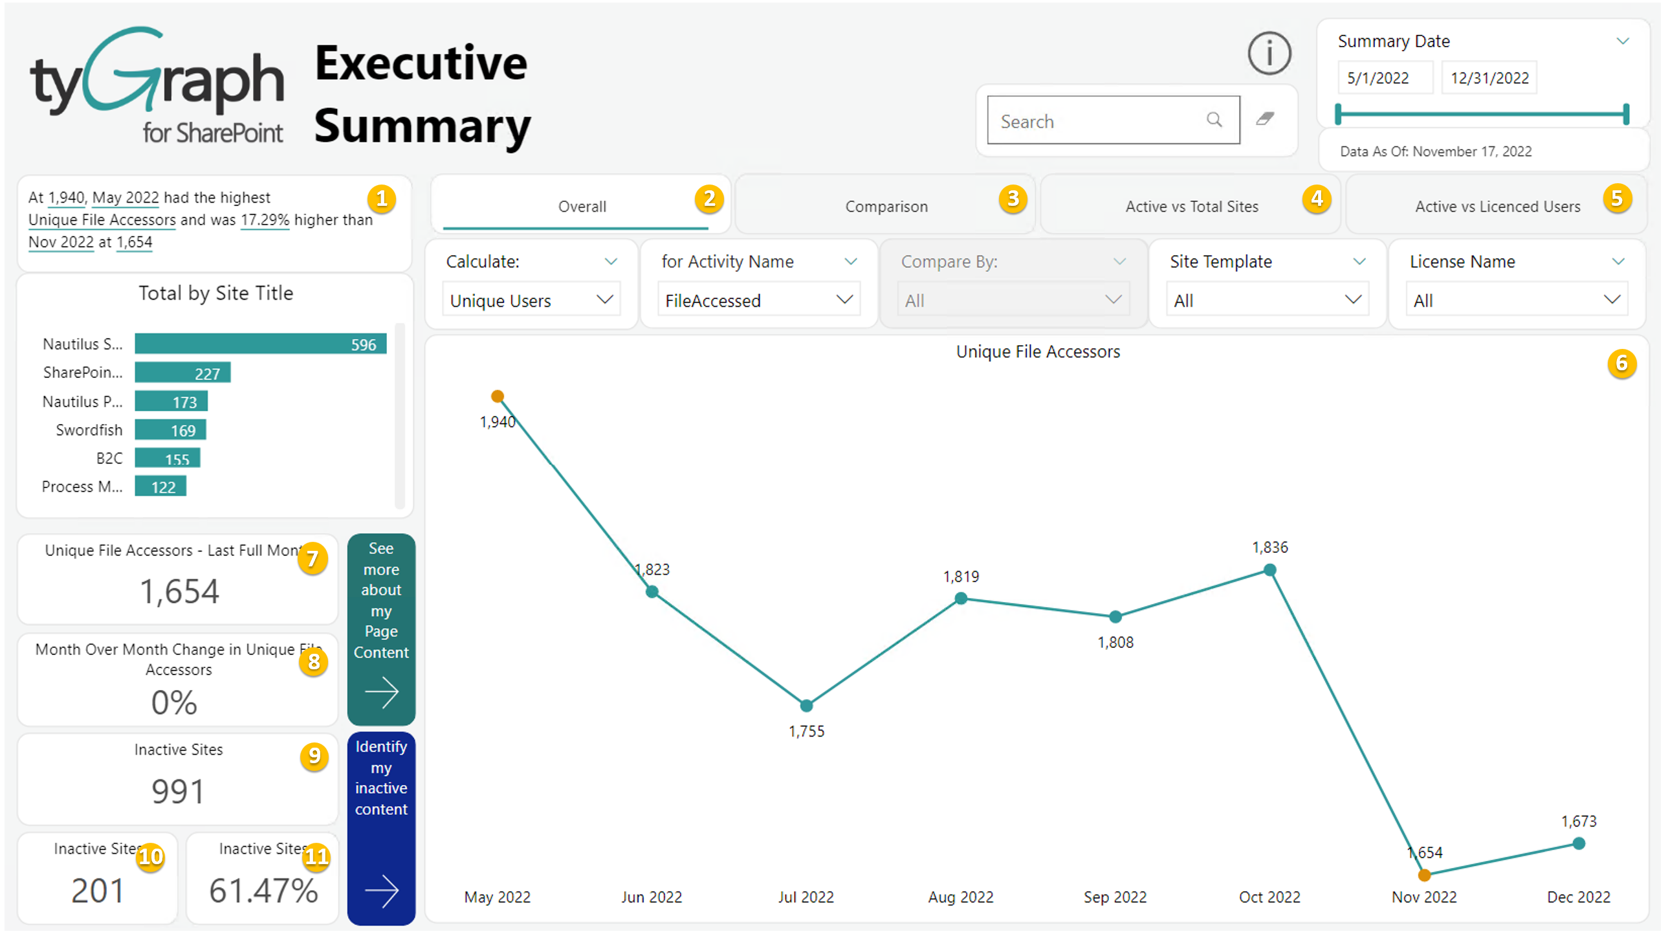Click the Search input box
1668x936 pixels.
click(x=1101, y=120)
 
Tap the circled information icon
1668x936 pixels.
click(x=1269, y=53)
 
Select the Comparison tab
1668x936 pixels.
click(x=886, y=206)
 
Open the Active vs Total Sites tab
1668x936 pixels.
click(x=1191, y=206)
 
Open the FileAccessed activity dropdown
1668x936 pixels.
click(x=758, y=300)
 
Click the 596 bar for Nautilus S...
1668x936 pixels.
click(x=260, y=344)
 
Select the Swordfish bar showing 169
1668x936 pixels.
click(x=170, y=430)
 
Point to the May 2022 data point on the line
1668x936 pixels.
click(x=498, y=396)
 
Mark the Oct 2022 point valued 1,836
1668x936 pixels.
click(x=1270, y=570)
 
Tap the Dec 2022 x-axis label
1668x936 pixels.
click(x=1578, y=897)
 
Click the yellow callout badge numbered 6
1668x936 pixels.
click(x=1621, y=363)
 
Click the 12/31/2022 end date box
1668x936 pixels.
click(x=1489, y=78)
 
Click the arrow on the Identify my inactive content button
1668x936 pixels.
click(x=381, y=891)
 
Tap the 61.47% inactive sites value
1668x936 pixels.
click(x=263, y=891)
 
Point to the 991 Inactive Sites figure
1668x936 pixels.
click(x=178, y=792)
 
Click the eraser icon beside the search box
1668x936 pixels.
click(x=1265, y=119)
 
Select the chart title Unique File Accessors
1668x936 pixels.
click(x=1038, y=351)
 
